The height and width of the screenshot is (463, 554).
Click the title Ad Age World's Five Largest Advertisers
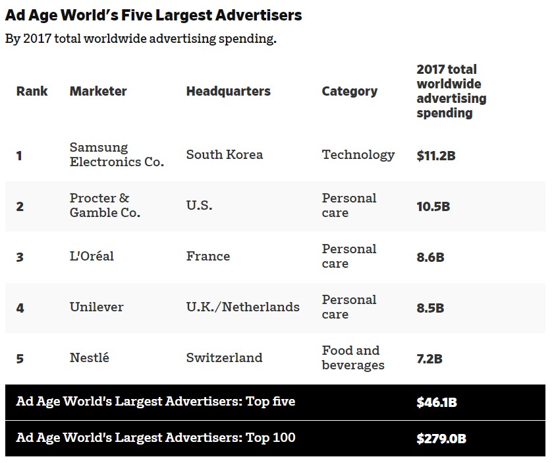pos(153,15)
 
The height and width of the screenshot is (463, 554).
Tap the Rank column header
pos(32,91)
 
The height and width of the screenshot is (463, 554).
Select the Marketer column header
pos(98,91)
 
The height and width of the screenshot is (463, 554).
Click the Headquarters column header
pos(228,91)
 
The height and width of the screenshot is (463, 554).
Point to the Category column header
pos(349,91)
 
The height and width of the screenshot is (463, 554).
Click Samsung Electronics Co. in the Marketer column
pos(117,154)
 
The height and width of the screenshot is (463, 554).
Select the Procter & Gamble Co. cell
pos(105,205)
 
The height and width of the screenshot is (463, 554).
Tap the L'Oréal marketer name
pos(92,256)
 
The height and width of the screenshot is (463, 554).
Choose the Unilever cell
pos(96,307)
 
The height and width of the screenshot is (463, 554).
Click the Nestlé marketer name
pos(90,357)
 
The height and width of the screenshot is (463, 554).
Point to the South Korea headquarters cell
pos(224,154)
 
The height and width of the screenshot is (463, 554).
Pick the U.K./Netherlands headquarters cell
pos(242,307)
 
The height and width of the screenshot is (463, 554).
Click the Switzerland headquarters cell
pos(224,357)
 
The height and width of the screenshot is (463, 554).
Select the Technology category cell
pos(358,154)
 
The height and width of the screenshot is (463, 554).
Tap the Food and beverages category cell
pos(352,357)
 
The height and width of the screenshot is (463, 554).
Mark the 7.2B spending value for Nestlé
pos(429,359)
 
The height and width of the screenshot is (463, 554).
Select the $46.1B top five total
pos(436,402)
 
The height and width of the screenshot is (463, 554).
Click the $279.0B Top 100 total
pos(441,438)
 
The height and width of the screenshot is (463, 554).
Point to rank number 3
pos(20,257)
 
